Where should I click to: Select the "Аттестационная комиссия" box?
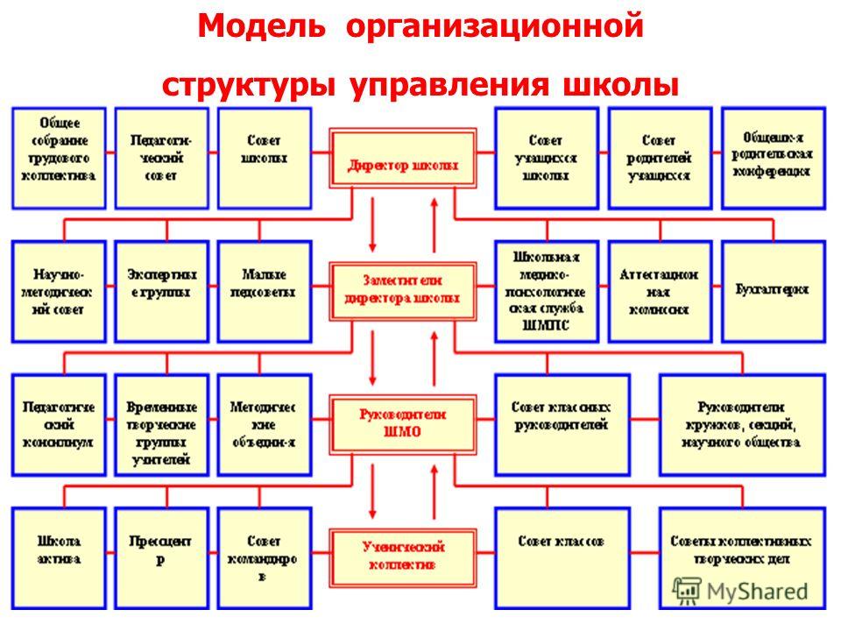(660, 291)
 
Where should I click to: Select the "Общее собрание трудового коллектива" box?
(59, 158)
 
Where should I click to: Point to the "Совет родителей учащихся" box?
(660, 158)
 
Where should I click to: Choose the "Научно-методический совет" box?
(59, 291)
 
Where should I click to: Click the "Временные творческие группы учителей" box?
(161, 423)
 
